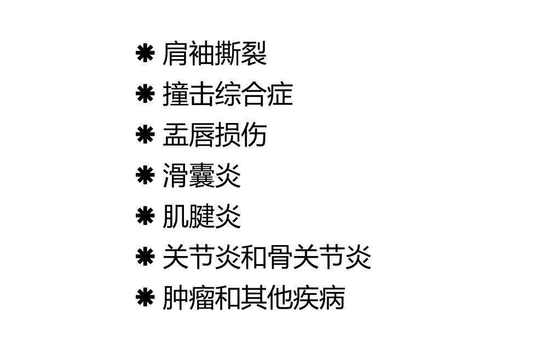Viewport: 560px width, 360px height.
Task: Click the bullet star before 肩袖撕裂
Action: click(145, 54)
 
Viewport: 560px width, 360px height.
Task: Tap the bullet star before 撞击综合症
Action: click(145, 94)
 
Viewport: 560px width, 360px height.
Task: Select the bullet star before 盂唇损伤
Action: click(145, 135)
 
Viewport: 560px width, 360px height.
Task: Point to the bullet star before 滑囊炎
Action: click(145, 176)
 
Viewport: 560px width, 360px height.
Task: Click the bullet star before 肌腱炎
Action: click(145, 216)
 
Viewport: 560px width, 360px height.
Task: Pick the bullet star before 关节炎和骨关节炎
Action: click(145, 257)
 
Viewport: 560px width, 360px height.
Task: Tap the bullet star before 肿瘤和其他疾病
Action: click(145, 298)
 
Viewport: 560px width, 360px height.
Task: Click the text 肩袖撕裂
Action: click(215, 54)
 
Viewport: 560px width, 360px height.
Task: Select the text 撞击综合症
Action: click(228, 94)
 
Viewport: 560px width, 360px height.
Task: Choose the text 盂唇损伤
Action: click(215, 135)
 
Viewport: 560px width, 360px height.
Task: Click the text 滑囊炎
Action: click(201, 176)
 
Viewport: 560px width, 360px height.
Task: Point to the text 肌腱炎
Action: click(201, 216)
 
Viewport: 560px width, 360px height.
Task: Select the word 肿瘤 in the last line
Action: click(188, 298)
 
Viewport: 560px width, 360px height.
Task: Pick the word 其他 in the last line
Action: click(267, 298)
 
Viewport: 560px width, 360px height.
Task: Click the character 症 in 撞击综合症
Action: click(280, 94)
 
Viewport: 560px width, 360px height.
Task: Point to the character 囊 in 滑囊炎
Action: click(201, 176)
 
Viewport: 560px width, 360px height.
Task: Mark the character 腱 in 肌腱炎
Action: click(201, 216)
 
